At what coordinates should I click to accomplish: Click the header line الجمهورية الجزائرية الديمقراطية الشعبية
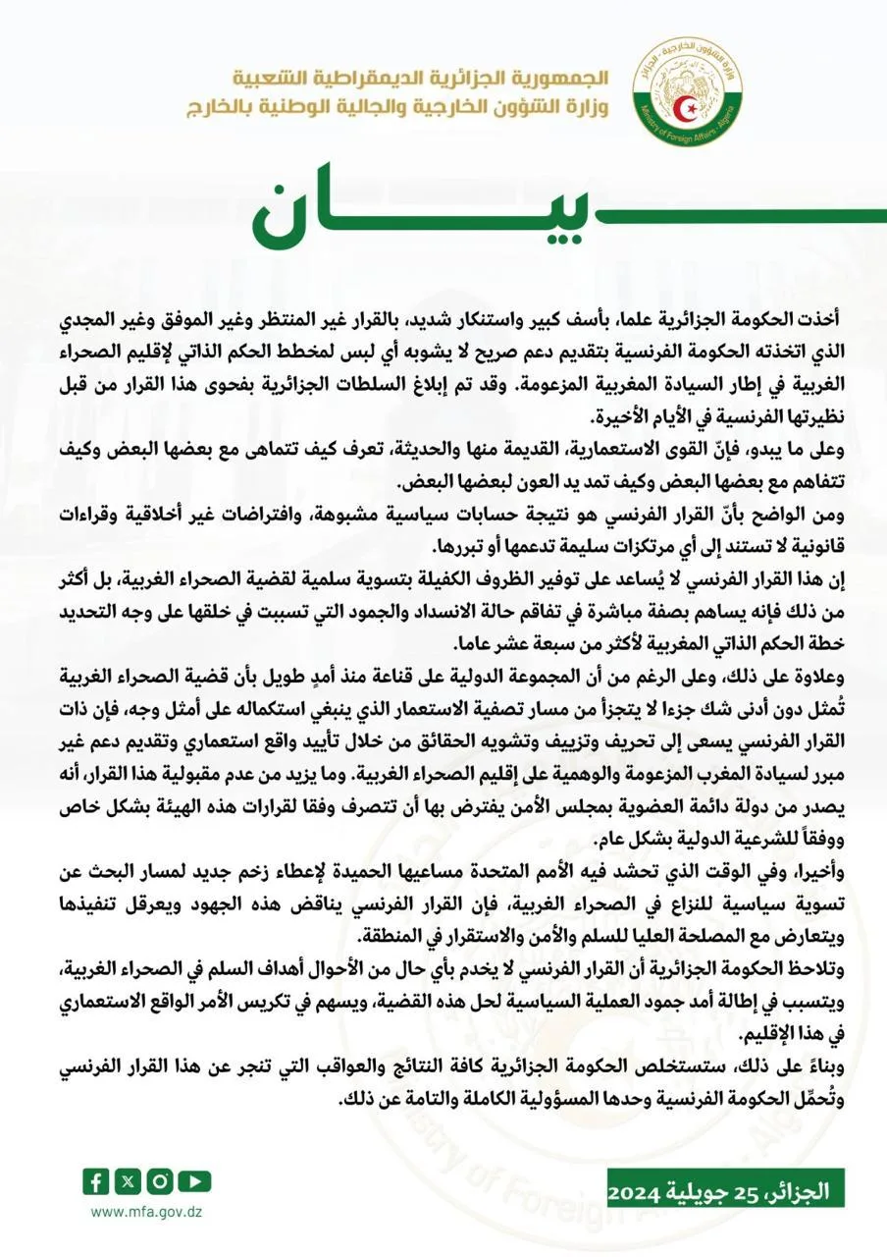click(422, 78)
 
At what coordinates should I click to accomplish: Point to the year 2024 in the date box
click(641, 1193)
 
